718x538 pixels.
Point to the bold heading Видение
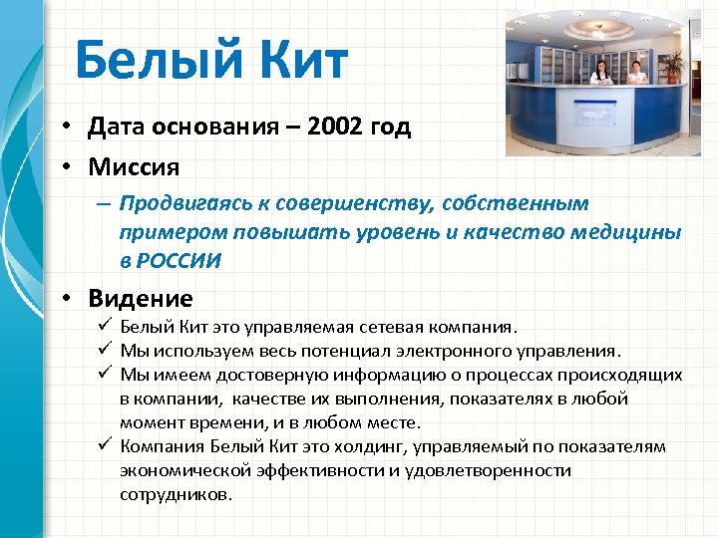click(141, 298)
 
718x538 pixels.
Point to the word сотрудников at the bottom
click(175, 493)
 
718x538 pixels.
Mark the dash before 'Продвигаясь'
click(103, 203)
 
